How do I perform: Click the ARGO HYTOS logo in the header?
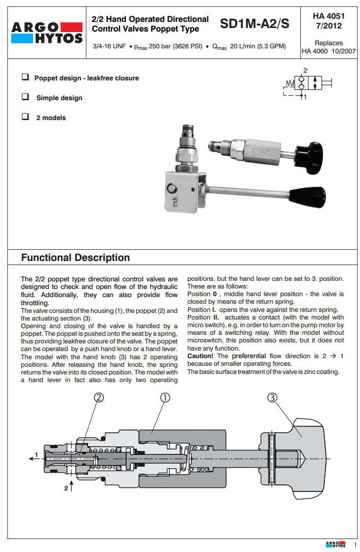pyautogui.click(x=47, y=32)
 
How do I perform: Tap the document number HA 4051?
pyautogui.click(x=328, y=16)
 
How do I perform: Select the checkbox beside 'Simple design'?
pyautogui.click(x=24, y=97)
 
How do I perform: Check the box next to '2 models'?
pyautogui.click(x=24, y=117)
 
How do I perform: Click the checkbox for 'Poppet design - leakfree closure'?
pyautogui.click(x=24, y=77)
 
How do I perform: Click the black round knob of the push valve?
pyautogui.click(x=310, y=151)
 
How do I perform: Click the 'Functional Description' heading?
pyautogui.click(x=75, y=258)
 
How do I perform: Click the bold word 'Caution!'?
pyautogui.click(x=200, y=356)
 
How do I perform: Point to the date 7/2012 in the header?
pyautogui.click(x=328, y=26)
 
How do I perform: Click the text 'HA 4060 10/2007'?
pyautogui.click(x=328, y=51)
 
